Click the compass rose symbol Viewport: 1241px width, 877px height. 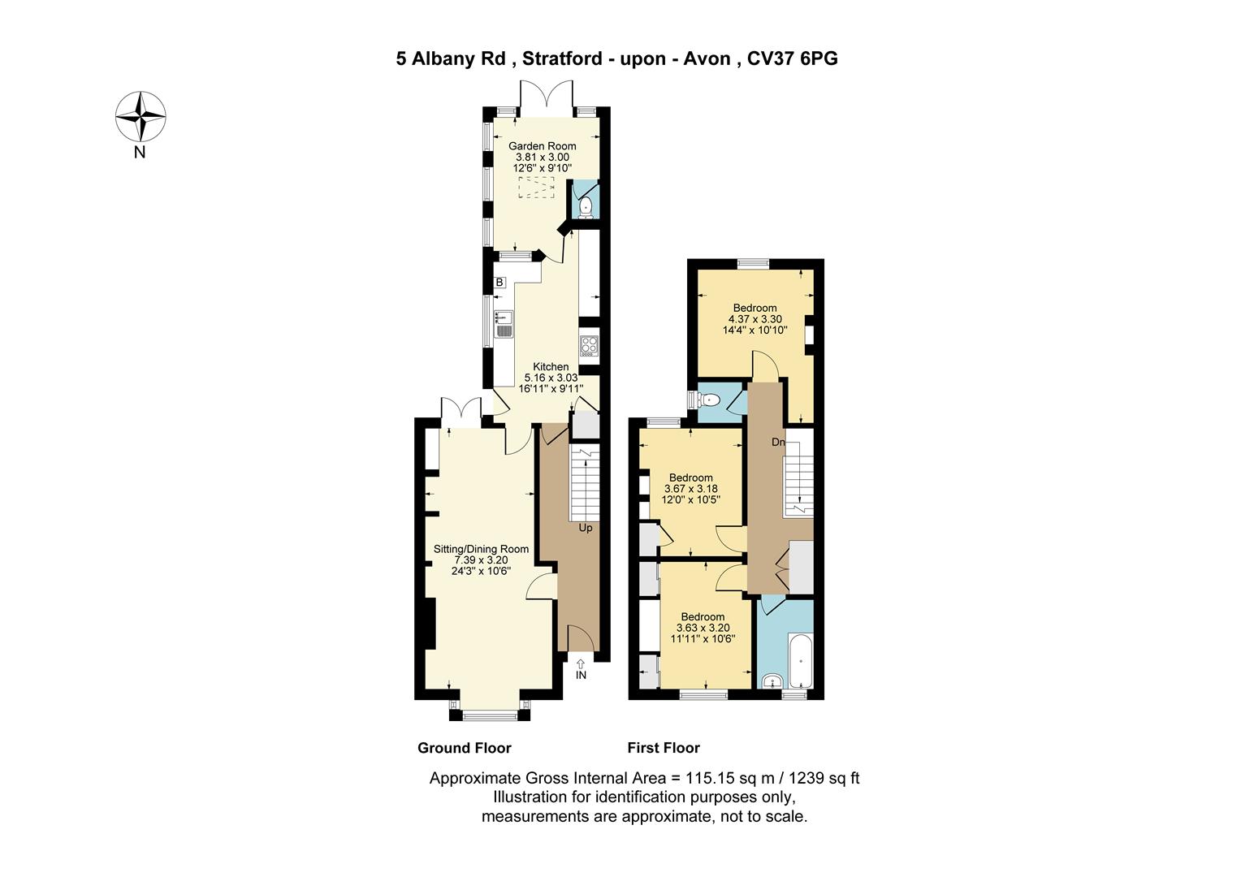[141, 116]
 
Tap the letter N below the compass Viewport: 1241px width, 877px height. [140, 153]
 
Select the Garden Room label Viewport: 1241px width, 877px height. [543, 146]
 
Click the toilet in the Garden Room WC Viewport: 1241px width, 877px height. [585, 207]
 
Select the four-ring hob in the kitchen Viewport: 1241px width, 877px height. [589, 346]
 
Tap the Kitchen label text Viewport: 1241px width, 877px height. [551, 367]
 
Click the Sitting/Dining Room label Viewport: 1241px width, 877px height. [481, 549]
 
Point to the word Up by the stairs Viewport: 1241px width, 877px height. [586, 528]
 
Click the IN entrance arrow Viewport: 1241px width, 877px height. [581, 670]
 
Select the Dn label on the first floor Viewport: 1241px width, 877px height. [778, 442]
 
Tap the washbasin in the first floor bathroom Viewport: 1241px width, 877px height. [772, 681]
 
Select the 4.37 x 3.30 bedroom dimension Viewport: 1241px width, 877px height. [755, 319]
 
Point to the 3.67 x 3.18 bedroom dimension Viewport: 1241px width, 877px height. [691, 489]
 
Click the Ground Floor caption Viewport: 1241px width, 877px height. [465, 748]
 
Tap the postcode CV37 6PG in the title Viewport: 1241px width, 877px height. [793, 58]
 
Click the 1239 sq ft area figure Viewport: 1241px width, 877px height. [824, 779]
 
